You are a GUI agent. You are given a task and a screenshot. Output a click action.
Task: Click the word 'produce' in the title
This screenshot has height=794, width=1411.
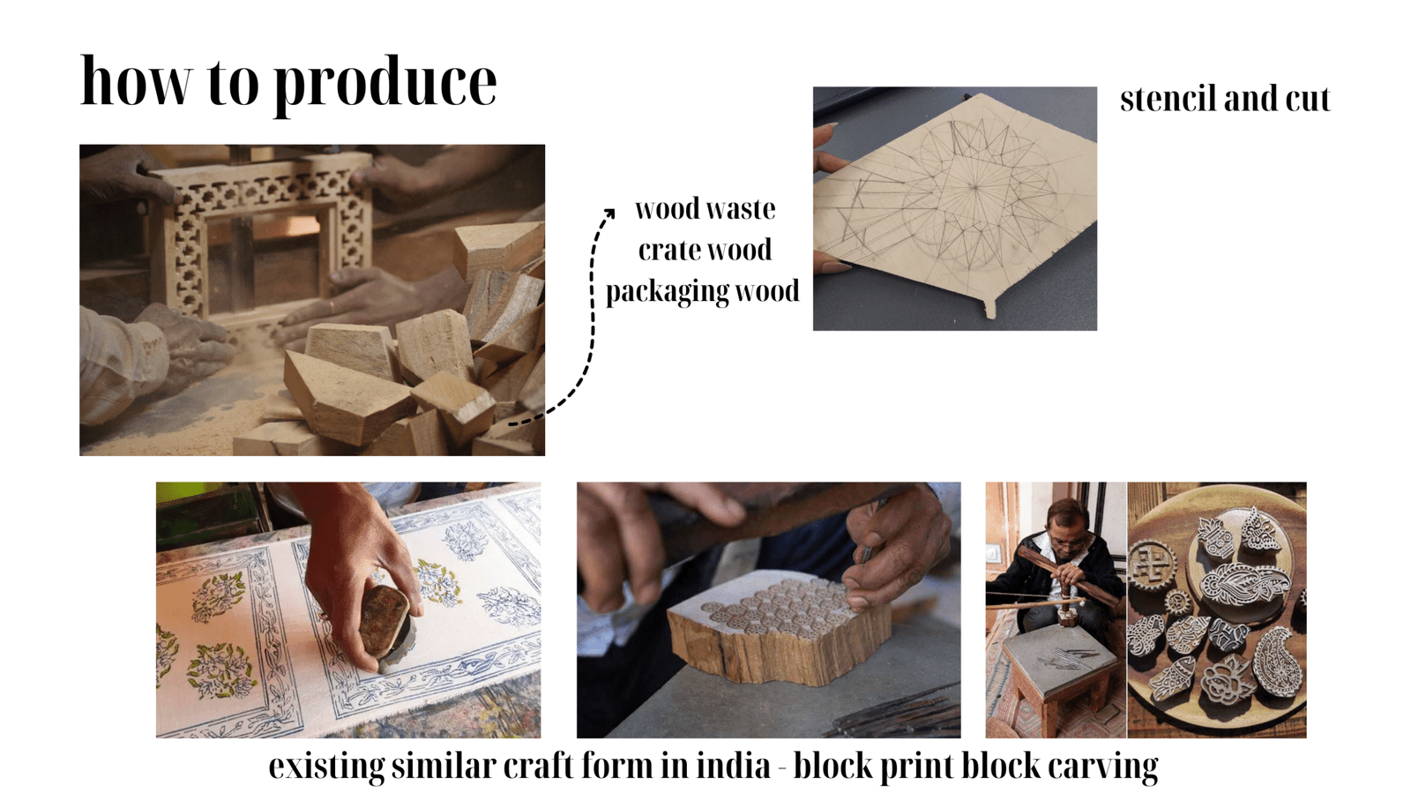[384, 86]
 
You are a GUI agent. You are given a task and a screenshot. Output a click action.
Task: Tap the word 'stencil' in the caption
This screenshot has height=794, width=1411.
[1167, 99]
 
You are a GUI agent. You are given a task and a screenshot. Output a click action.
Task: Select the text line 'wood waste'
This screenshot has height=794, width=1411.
[705, 208]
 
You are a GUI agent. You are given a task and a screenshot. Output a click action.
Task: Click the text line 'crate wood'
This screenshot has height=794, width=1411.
[705, 250]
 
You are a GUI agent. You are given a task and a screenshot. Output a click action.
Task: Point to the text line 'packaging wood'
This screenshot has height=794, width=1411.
[702, 292]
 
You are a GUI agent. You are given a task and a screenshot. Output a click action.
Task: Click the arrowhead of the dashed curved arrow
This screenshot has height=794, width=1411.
[609, 213]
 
